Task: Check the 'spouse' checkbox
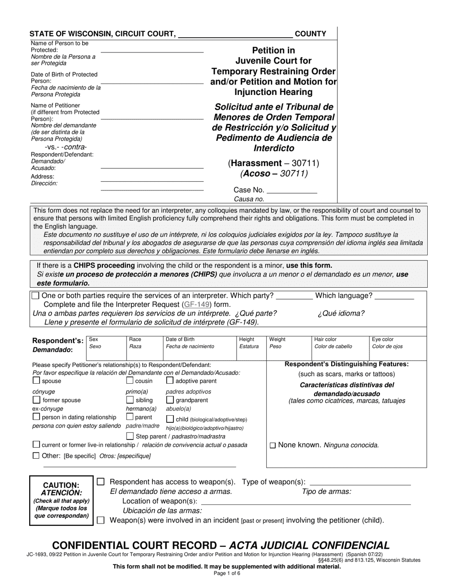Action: tap(36, 381)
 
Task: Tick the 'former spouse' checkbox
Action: tap(36, 400)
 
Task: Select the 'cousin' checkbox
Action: tap(130, 381)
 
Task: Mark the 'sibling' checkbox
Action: tap(130, 400)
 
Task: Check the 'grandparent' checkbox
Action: tap(170, 400)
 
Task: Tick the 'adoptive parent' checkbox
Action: tap(170, 381)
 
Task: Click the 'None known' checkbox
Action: tap(273, 445)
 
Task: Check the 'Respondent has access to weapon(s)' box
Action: tap(100, 482)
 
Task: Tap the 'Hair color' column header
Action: tap(325, 339)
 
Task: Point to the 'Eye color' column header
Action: tap(383, 339)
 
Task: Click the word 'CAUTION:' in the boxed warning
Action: tap(61, 485)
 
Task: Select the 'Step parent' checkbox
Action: tap(130, 436)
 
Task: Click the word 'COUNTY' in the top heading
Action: tap(311, 34)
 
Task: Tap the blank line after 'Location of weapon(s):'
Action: tap(306, 501)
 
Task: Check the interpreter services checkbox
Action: tap(36, 296)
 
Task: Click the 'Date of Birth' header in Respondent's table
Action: tap(180, 339)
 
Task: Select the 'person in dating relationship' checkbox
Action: tap(36, 417)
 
